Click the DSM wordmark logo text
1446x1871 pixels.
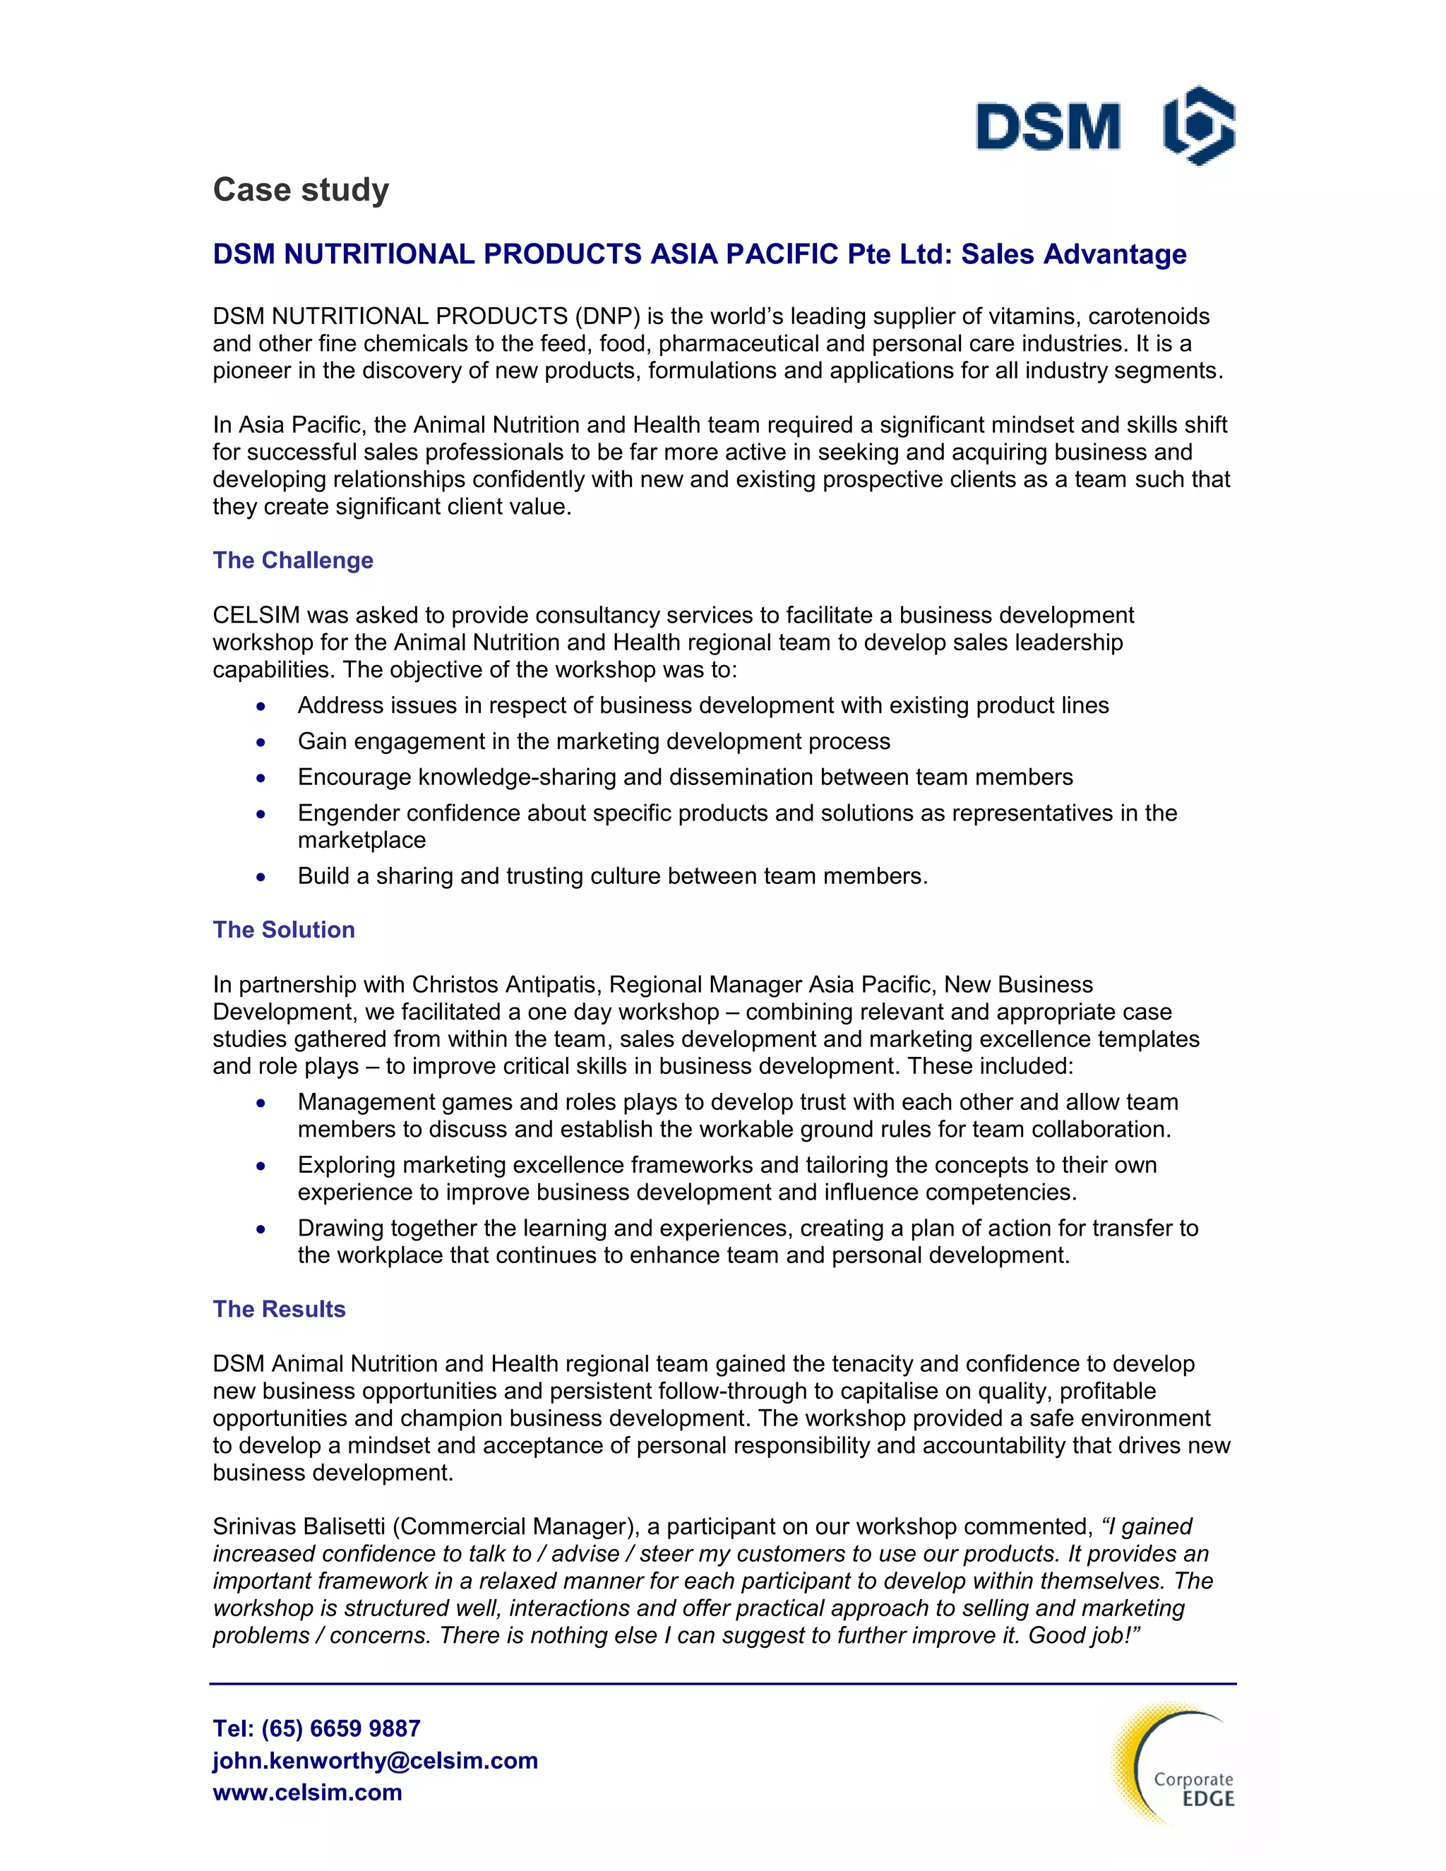1048,127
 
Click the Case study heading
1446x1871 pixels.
301,189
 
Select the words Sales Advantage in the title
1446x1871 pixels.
1073,254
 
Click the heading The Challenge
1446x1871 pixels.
293,561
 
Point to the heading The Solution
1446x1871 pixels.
284,930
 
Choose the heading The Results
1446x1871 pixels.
280,1309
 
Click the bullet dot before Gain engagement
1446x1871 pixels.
261,742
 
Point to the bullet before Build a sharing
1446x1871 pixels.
261,876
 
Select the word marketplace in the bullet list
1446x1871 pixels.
361,840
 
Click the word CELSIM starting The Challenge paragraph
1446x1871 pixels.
256,615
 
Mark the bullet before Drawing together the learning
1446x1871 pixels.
261,1229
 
